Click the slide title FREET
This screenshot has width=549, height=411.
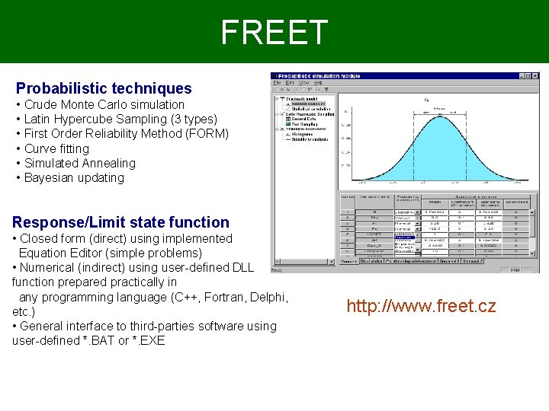274,32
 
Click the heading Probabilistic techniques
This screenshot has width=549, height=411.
104,89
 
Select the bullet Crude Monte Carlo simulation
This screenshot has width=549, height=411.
104,104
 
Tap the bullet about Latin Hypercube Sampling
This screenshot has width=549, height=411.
120,119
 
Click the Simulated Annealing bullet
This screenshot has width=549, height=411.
79,163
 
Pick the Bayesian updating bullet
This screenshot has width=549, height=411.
74,177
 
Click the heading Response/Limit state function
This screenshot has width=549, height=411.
120,222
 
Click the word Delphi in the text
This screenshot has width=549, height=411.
269,297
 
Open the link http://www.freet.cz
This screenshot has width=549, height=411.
421,306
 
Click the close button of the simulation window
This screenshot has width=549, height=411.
534,76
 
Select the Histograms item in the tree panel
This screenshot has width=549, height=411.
302,134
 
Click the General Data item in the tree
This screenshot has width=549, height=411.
304,119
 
